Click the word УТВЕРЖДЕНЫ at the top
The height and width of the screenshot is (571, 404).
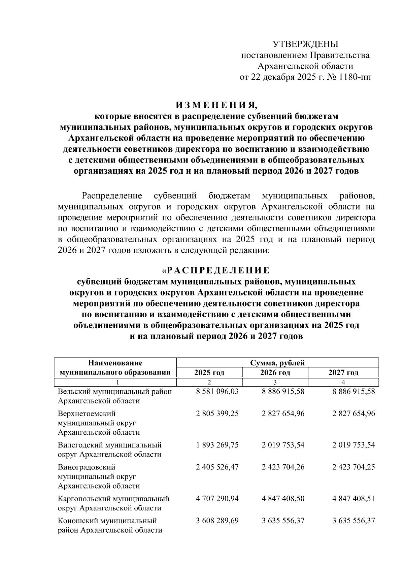click(x=305, y=44)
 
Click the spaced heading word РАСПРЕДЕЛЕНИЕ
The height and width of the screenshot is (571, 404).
click(x=218, y=271)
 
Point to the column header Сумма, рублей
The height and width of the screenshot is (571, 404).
click(x=277, y=363)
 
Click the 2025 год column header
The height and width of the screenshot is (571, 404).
click(x=209, y=372)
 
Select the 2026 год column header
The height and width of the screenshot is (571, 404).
click(x=275, y=372)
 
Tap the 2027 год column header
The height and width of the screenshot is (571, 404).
click(x=343, y=372)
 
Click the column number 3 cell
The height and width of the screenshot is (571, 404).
click(x=275, y=382)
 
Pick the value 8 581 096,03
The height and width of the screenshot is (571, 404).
click(x=217, y=392)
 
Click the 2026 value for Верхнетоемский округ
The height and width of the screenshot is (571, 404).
click(x=283, y=414)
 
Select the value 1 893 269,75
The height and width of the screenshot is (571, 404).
click(x=217, y=445)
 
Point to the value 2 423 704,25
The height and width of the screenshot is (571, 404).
click(x=353, y=467)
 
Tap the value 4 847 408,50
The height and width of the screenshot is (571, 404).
click(x=283, y=498)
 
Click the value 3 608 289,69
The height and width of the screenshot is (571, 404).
click(x=217, y=521)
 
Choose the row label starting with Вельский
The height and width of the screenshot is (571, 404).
click(x=115, y=396)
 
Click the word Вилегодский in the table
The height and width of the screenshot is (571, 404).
click(x=80, y=445)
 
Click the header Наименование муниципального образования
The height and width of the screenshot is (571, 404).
click(x=115, y=367)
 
